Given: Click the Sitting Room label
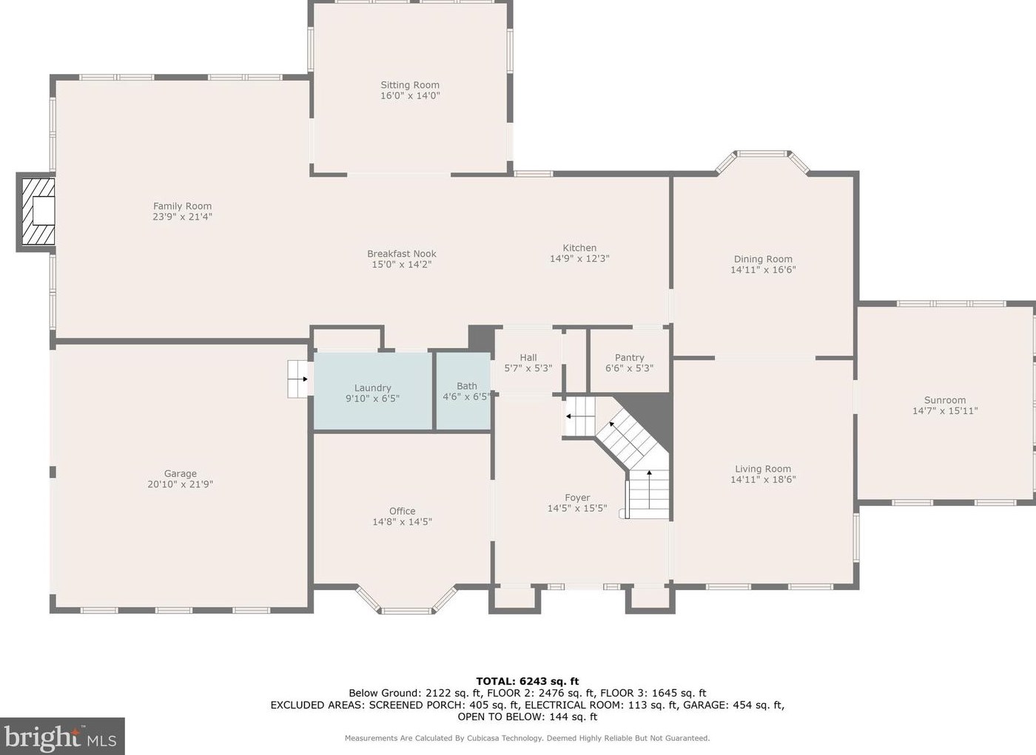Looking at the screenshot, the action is [x=410, y=85].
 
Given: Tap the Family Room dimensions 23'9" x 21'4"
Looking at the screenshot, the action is [x=182, y=217].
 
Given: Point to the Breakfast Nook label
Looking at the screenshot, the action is [x=401, y=254].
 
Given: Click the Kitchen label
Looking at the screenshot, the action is [x=579, y=248].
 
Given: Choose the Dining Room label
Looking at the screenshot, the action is [x=763, y=260].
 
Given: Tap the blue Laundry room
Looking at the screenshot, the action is [x=373, y=391].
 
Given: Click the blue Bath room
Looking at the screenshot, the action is [x=463, y=391].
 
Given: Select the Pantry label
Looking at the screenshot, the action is [x=629, y=358].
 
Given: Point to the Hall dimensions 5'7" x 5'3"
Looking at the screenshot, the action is [x=528, y=368].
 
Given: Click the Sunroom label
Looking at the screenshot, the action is [x=945, y=400].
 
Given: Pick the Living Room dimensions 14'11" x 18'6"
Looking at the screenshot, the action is [x=763, y=480].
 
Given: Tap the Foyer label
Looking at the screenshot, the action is [x=577, y=498].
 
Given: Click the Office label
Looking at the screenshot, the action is [x=402, y=511].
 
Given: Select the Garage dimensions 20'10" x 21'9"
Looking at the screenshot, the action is [x=181, y=484].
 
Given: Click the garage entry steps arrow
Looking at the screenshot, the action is [x=303, y=379].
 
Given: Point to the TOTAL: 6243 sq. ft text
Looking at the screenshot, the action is [x=527, y=681].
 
